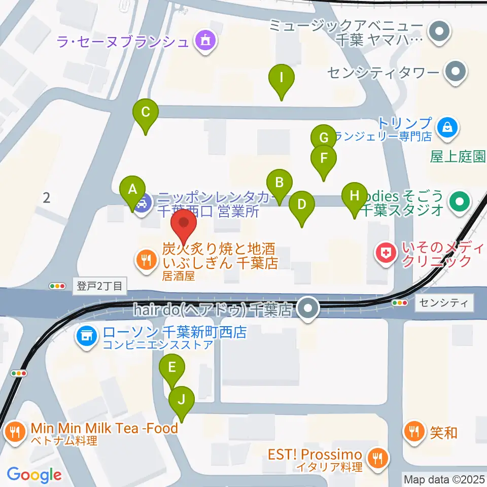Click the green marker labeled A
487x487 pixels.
point(133,190)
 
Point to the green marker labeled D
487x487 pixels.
point(302,205)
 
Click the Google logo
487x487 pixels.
point(34,475)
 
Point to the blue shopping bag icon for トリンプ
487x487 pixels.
point(448,126)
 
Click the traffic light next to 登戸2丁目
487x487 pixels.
point(57,286)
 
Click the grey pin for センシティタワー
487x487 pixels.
point(455,72)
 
